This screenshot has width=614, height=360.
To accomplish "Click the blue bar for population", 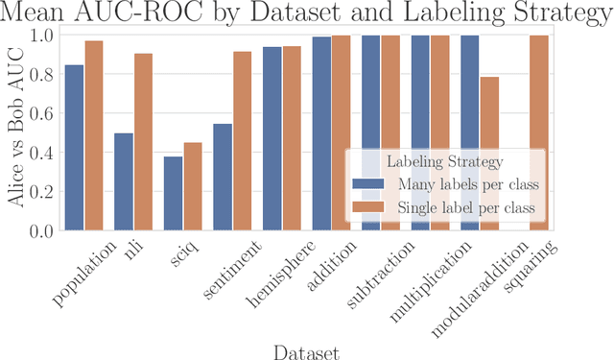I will point(74,148).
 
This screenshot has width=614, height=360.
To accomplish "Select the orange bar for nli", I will point(143,142).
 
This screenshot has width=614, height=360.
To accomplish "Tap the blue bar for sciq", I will point(173,193).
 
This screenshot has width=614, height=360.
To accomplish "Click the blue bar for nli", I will point(124,181).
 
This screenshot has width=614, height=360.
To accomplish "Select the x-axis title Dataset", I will point(306,349).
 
